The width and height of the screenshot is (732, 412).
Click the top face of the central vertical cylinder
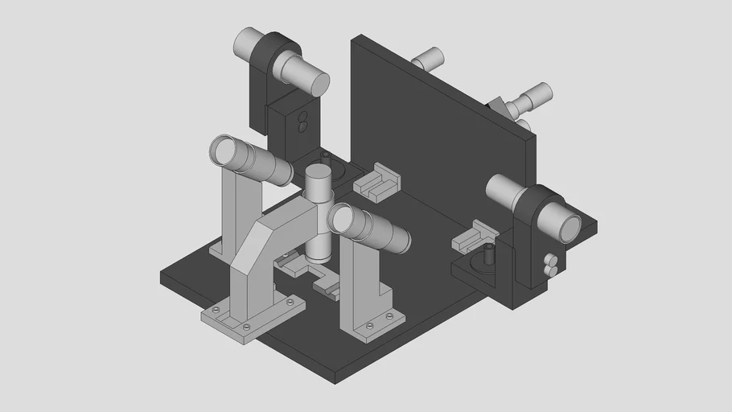319,173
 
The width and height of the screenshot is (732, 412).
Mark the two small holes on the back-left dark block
302,121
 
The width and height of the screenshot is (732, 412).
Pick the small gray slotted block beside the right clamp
474,235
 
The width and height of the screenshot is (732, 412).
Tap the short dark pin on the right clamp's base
488,255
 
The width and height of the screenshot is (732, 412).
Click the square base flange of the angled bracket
251,319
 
